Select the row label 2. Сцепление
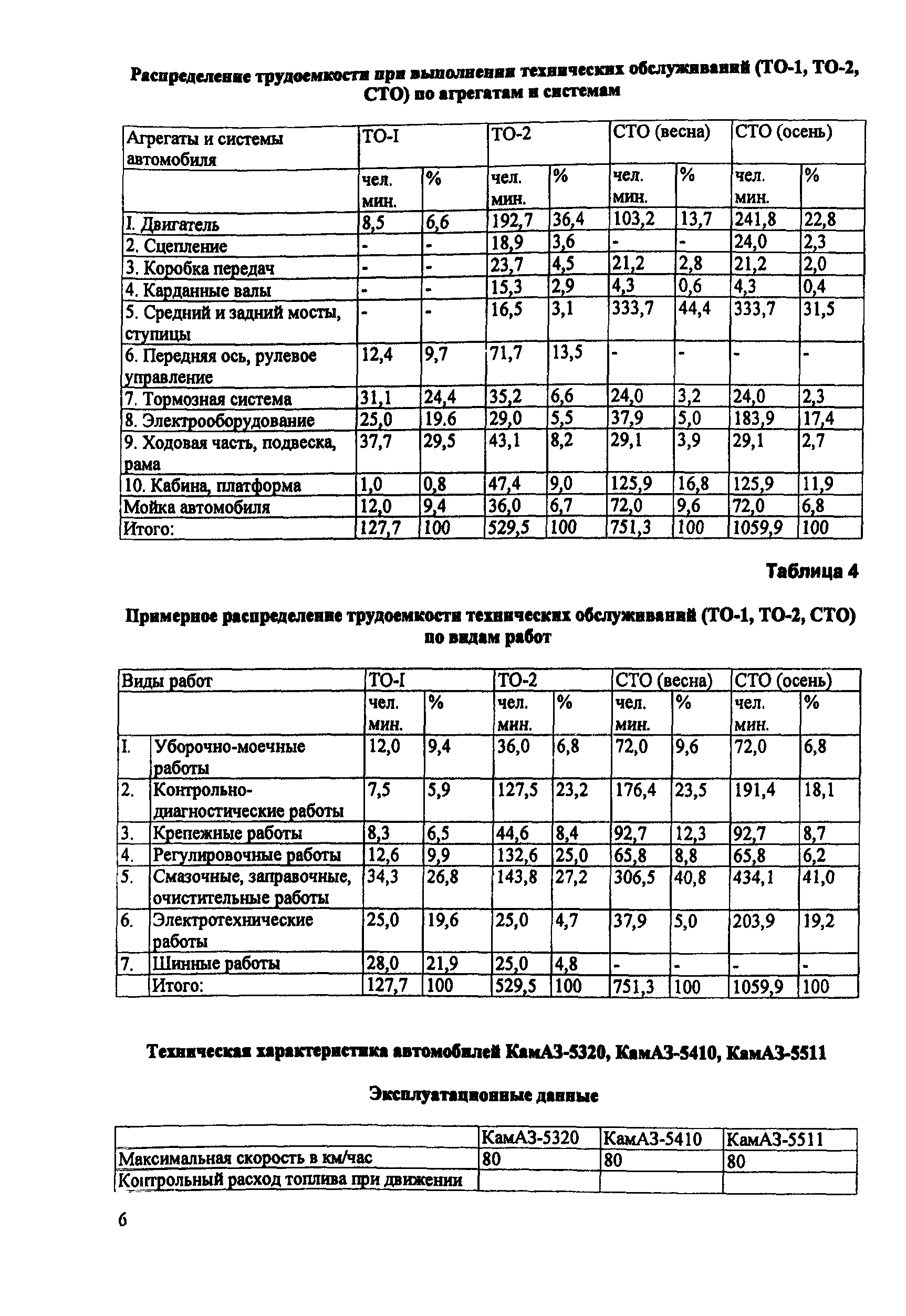pyautogui.click(x=176, y=246)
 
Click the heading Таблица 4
pyautogui.click(x=812, y=571)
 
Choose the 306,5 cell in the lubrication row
pyautogui.click(x=635, y=878)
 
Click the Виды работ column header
pyautogui.click(x=167, y=681)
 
